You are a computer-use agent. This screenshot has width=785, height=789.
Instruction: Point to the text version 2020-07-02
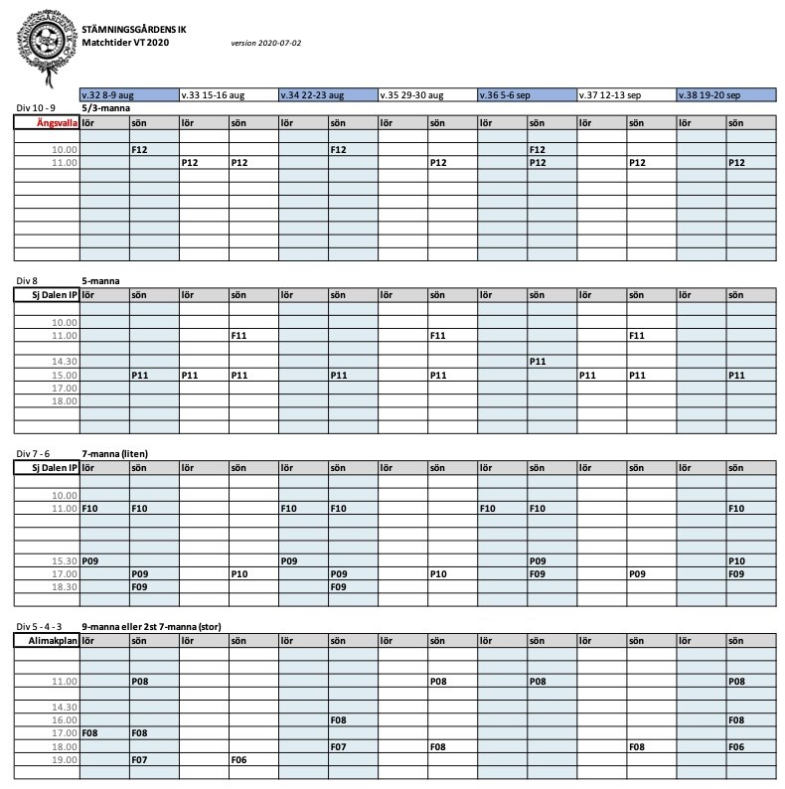tap(265, 43)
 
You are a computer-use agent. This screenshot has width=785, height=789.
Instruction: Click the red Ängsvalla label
tap(57, 122)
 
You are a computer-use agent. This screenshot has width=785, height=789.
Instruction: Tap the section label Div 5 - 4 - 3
tap(47, 628)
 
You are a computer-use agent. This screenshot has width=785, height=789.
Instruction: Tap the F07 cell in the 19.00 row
tap(140, 759)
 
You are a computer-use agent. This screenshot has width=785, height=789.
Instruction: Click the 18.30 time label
tap(64, 587)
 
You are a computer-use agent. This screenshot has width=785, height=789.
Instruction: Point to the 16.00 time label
tap(64, 719)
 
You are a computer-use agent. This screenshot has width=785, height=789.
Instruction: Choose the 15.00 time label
tap(64, 375)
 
